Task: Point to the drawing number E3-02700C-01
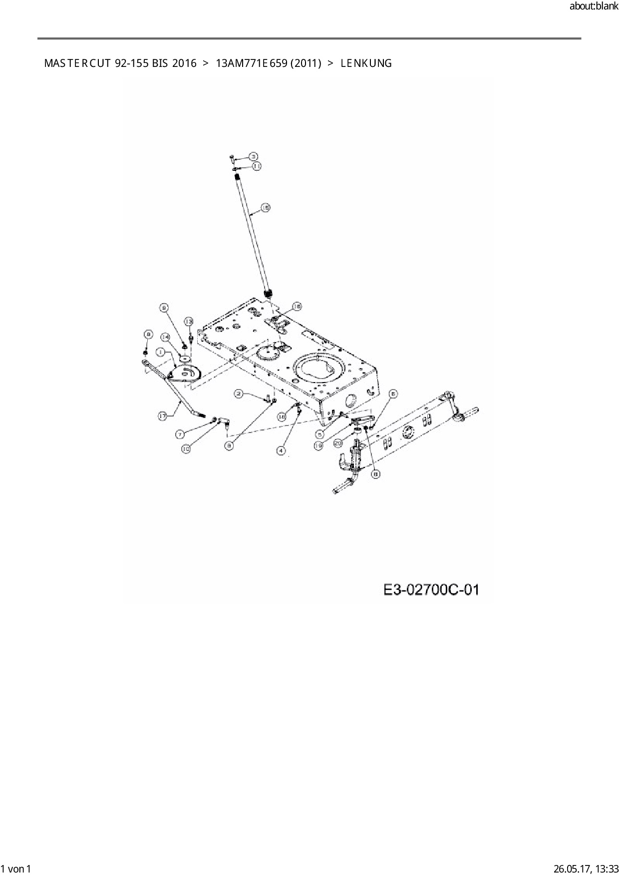[431, 590]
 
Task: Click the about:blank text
[593, 6]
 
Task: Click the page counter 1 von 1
[16, 869]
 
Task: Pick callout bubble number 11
[257, 166]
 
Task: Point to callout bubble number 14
[165, 337]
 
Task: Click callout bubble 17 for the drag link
[162, 416]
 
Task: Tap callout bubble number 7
[180, 434]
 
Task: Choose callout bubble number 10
[186, 449]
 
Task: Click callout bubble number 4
[281, 450]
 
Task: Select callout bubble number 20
[337, 442]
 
